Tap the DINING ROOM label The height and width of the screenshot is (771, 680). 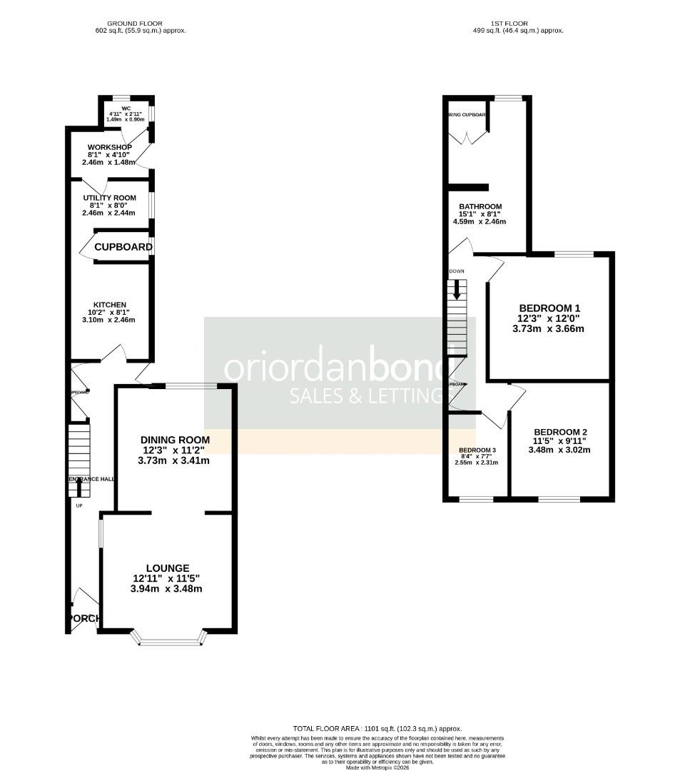pyautogui.click(x=175, y=440)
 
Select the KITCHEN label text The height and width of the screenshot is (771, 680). pyautogui.click(x=109, y=305)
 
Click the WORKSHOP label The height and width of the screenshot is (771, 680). pyautogui.click(x=109, y=147)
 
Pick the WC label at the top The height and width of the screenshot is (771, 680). pyautogui.click(x=126, y=109)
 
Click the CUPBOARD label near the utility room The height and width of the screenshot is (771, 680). pyautogui.click(x=123, y=248)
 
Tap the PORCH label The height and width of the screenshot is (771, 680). pyautogui.click(x=84, y=618)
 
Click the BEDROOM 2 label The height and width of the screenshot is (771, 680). pyautogui.click(x=560, y=432)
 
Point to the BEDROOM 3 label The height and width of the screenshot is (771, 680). pyautogui.click(x=477, y=450)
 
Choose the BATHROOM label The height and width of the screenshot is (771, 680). pyautogui.click(x=479, y=207)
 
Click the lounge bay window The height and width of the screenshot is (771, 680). pyautogui.click(x=170, y=642)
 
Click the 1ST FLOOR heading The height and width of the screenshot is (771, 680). pyautogui.click(x=509, y=24)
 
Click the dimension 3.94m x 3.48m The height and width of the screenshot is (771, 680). pyautogui.click(x=166, y=589)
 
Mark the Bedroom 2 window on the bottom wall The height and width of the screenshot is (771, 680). pyautogui.click(x=559, y=498)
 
